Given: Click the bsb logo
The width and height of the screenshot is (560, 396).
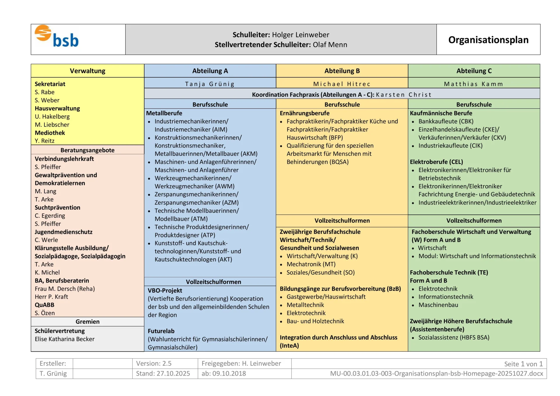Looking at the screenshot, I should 57,37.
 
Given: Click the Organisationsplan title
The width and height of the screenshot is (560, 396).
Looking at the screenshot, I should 488,40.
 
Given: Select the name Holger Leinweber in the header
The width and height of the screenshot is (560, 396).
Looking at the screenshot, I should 300,35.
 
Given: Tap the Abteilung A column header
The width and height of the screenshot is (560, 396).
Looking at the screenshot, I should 210,71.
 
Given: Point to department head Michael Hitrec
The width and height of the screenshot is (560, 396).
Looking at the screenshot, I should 342,84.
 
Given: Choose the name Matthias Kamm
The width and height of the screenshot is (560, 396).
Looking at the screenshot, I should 474,84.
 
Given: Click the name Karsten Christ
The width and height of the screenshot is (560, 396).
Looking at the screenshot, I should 404,94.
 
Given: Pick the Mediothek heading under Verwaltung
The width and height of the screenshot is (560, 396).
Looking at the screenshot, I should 50,133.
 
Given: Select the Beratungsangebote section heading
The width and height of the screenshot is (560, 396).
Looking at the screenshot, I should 87,150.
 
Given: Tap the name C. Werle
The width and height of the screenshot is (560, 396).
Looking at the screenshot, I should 46,240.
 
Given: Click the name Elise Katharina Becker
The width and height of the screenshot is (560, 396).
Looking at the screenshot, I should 64,339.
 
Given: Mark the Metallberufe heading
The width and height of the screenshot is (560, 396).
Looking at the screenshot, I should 164,113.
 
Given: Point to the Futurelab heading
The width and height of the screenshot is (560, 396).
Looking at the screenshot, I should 161,331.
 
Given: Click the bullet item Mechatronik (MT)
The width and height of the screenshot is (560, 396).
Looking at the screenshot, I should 311,264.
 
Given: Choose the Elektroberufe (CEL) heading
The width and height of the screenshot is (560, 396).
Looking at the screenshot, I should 436,162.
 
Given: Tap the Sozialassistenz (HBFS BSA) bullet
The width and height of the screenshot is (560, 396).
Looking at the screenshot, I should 454,337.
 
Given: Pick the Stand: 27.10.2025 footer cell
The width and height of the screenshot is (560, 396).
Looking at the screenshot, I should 163,373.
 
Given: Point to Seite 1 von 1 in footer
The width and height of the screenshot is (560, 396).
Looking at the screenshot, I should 523,364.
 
